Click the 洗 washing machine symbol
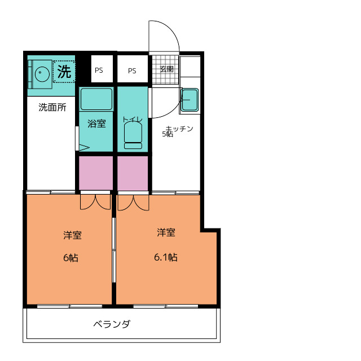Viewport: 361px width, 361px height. click(x=64, y=72)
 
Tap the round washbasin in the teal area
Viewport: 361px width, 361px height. click(x=41, y=73)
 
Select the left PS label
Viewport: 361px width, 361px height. click(x=99, y=71)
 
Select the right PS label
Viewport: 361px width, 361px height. click(x=132, y=71)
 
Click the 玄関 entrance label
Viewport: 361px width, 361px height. click(x=166, y=69)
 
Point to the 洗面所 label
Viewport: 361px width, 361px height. click(x=52, y=107)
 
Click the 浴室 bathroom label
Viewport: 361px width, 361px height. click(x=96, y=124)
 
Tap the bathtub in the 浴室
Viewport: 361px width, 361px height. click(x=96, y=99)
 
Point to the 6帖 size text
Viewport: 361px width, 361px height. click(x=71, y=258)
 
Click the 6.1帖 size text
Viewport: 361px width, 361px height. click(x=166, y=257)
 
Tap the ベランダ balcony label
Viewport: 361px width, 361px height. click(x=112, y=324)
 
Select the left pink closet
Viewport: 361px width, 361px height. click(x=96, y=173)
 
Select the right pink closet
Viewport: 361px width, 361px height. click(x=133, y=173)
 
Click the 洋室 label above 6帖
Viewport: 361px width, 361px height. click(x=72, y=235)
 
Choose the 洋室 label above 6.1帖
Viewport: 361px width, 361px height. click(x=166, y=232)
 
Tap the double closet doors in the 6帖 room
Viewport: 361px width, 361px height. click(x=95, y=202)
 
